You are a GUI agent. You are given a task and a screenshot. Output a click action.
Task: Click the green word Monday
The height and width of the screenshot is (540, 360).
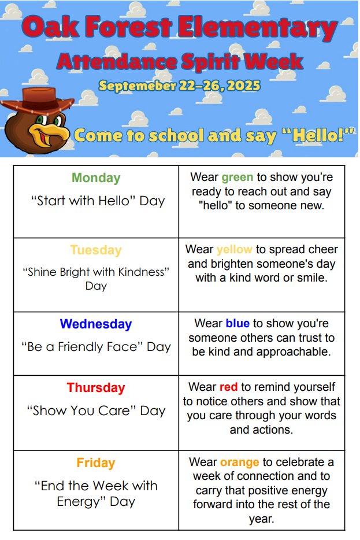point(96,178)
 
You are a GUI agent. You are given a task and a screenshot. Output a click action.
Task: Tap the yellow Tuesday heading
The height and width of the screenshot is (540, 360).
point(96,250)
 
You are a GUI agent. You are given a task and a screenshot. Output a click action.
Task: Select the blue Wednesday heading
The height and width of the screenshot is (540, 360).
point(96,324)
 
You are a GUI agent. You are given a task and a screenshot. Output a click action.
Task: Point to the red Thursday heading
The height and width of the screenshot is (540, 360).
point(96,388)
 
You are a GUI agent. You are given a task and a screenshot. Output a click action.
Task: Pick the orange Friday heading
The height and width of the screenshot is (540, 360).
point(96,463)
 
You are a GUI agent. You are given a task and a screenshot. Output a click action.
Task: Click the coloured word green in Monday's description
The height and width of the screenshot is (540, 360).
point(237,177)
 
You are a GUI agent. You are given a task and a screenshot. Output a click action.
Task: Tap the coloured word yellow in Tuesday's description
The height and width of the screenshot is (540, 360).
point(234,250)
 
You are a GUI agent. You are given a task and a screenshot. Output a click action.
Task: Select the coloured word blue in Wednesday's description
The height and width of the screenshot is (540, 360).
point(237,324)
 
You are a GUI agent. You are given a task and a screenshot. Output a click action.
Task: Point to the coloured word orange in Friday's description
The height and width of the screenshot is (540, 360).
point(239,463)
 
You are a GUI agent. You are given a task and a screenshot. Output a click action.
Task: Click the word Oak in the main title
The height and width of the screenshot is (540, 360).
point(51,27)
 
